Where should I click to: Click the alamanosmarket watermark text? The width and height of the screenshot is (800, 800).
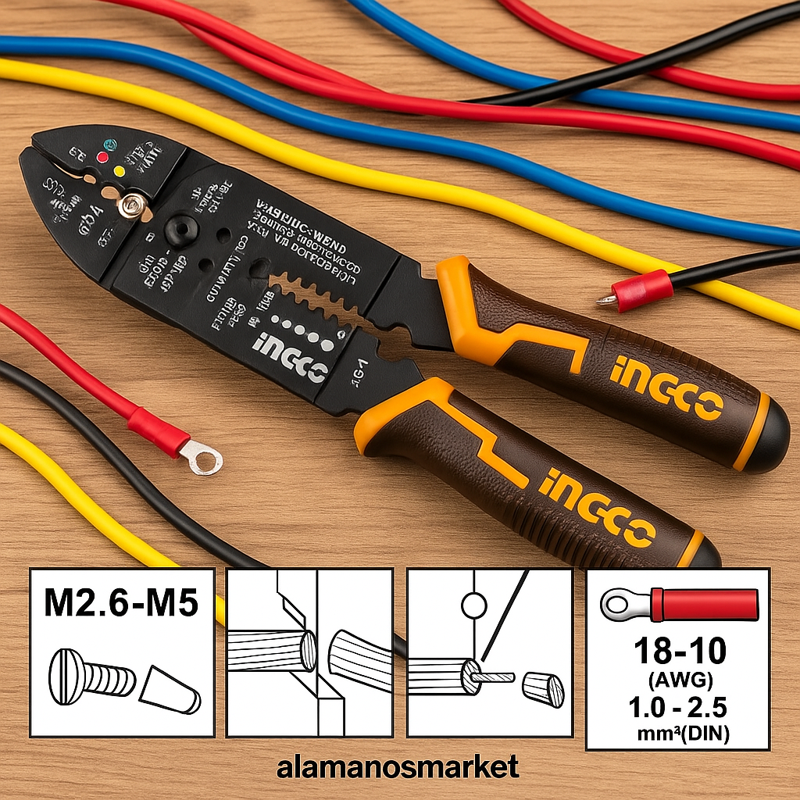click(398, 767)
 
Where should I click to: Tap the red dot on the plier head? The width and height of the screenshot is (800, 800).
click(102, 158)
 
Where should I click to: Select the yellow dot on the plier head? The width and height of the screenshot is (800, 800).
click(120, 170)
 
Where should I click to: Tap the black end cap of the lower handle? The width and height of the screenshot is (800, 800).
click(705, 553)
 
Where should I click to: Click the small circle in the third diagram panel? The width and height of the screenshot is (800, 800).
click(474, 604)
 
